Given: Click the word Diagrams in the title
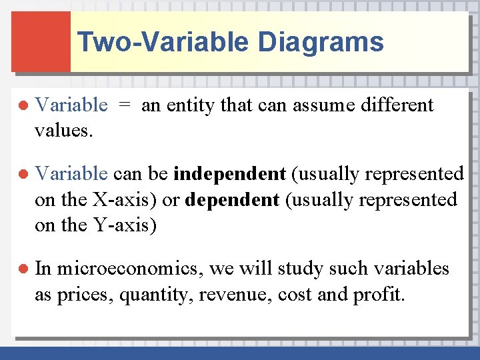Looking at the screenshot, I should pyautogui.click(x=321, y=42).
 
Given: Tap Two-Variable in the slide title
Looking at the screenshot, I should pyautogui.click(x=163, y=42).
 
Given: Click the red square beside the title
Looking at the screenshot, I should pyautogui.click(x=41, y=41).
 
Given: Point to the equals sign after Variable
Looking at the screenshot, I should pyautogui.click(x=125, y=105).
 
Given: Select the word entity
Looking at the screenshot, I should pyautogui.click(x=190, y=105).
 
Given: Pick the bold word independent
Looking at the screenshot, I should pyautogui.click(x=229, y=175).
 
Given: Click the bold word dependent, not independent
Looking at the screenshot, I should pyautogui.click(x=232, y=200).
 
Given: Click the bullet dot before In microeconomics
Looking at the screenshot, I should pyautogui.click(x=22, y=269).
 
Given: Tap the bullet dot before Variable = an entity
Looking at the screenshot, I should pyautogui.click(x=22, y=105).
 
